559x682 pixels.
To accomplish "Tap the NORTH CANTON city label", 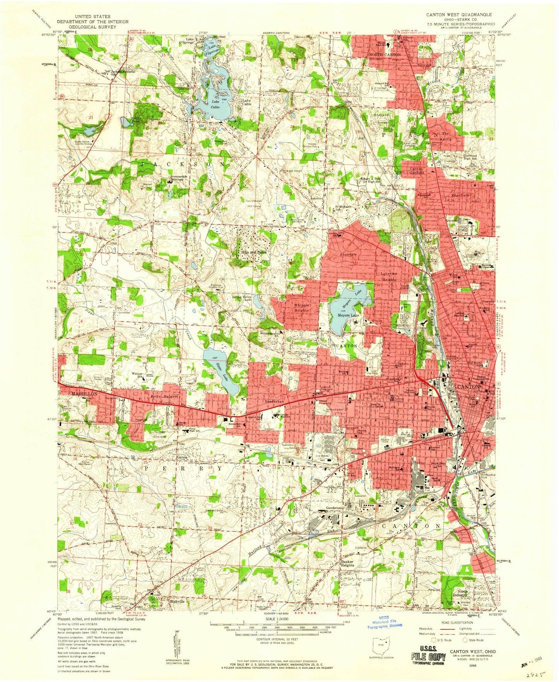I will click(x=385, y=55).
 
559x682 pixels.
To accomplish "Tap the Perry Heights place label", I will click(x=164, y=397).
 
